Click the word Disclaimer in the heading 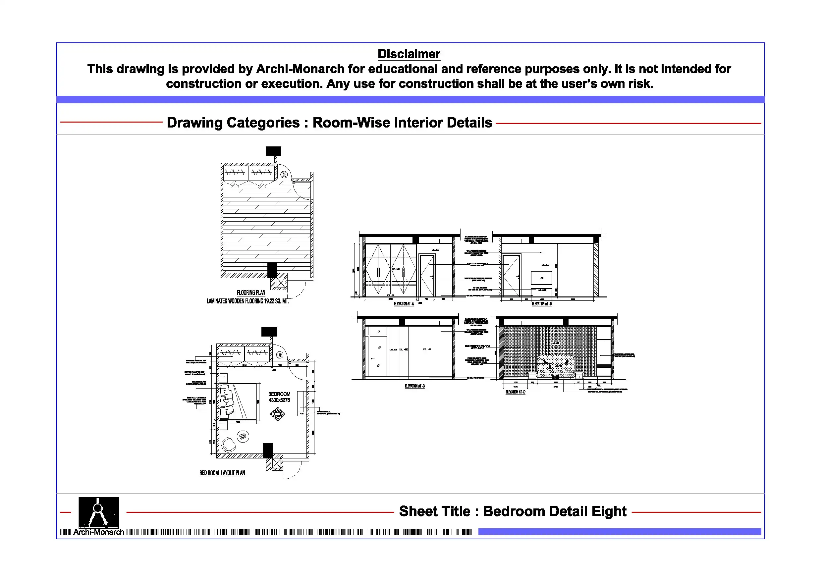point(409,54)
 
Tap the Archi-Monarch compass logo point(98,512)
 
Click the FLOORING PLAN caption point(251,292)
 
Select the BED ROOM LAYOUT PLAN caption point(222,473)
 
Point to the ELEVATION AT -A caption point(404,304)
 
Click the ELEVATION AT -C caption point(414,386)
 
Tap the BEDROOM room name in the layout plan point(279,394)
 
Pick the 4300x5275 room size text point(279,400)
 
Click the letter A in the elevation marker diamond point(277,410)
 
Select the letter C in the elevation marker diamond point(277,418)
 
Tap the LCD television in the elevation point(541,278)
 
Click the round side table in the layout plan point(243,436)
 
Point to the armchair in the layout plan point(228,445)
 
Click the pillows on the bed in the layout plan point(226,402)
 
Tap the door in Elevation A point(427,276)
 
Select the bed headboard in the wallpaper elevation point(556,363)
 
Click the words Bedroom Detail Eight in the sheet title point(555,511)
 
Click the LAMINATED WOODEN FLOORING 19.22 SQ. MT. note point(247,301)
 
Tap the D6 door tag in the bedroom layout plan point(280,355)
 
